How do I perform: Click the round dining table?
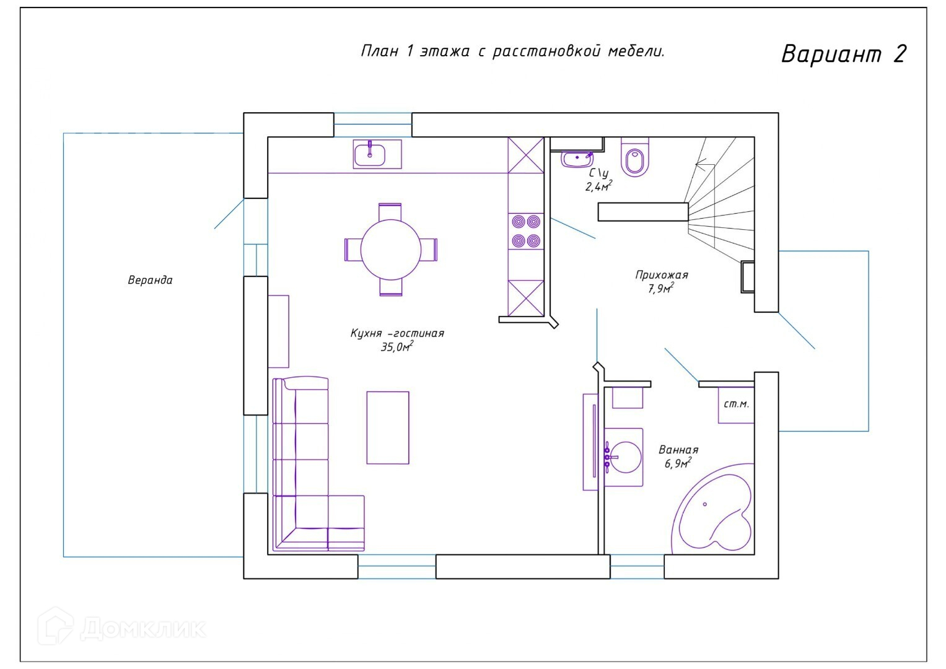tap(391, 250)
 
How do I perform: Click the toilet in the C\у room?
tap(635, 157)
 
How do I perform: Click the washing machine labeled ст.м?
tap(736, 404)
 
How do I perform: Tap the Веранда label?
tap(151, 281)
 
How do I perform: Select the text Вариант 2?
tap(844, 54)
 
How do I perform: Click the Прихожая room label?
tap(662, 276)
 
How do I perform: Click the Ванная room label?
tap(678, 450)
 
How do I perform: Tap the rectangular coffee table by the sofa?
tap(388, 428)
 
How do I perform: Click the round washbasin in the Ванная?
tap(623, 457)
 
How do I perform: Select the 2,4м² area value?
tap(599, 186)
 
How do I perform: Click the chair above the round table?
tap(390, 211)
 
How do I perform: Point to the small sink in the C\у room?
tap(577, 159)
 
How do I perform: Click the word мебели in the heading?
tap(636, 51)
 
